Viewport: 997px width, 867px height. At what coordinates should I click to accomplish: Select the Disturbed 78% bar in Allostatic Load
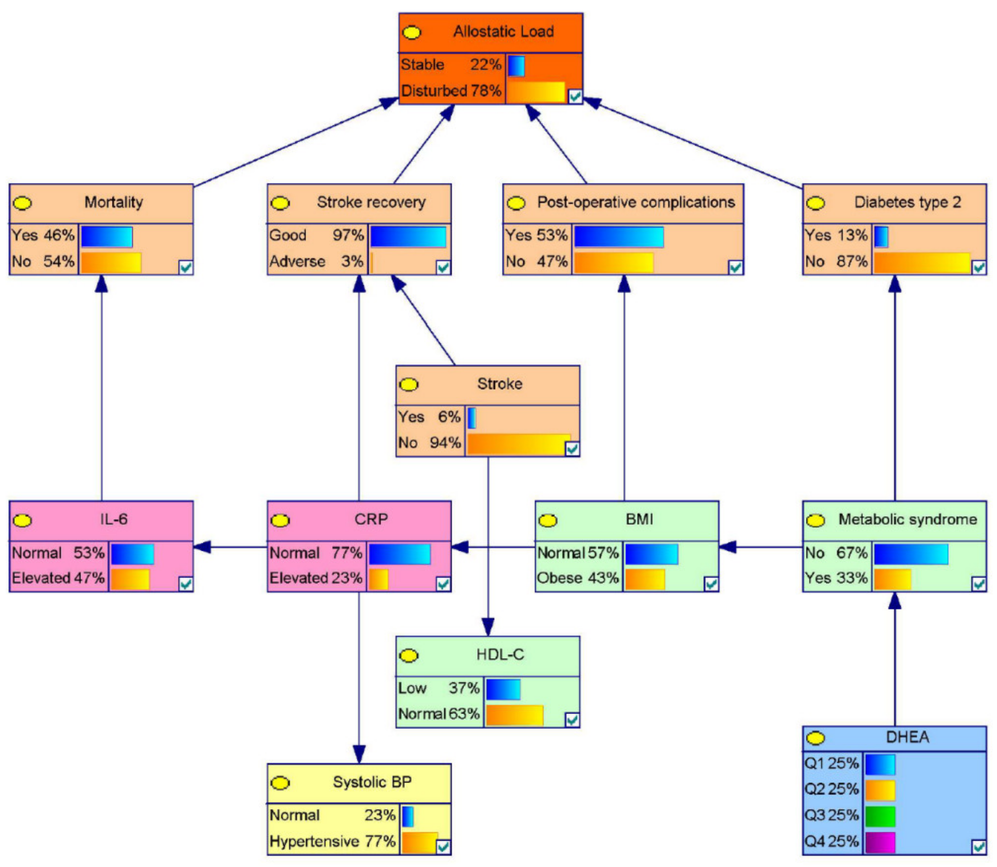pos(536,92)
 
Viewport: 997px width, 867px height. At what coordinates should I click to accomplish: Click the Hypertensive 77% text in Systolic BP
pos(332,841)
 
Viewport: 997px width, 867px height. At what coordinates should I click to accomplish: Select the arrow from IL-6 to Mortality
pos(102,387)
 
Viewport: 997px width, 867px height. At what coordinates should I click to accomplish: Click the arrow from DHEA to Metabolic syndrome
pos(894,658)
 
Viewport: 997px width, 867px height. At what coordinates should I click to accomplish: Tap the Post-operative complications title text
pos(636,202)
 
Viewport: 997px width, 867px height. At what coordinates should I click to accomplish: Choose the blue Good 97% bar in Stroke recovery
pos(408,237)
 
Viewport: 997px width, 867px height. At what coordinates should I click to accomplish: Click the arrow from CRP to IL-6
pos(230,547)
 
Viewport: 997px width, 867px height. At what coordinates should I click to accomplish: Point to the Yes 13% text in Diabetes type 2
pos(836,236)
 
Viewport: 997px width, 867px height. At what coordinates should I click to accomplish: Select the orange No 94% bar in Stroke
pos(518,444)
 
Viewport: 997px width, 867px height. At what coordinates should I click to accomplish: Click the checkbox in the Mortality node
pos(185,267)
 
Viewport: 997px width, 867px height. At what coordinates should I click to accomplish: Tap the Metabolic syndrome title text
pos(907,520)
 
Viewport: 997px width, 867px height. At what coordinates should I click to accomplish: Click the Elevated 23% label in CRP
pos(316,578)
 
